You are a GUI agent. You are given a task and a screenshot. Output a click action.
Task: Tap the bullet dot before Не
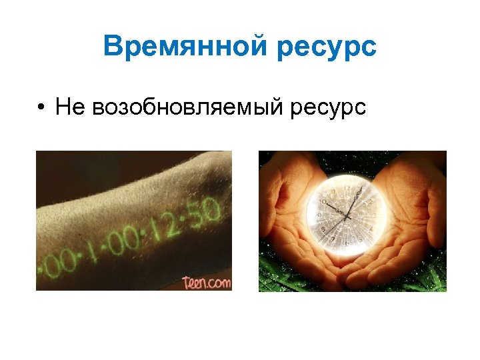coord(41,107)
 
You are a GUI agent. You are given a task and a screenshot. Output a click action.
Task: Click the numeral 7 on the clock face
coord(333,239)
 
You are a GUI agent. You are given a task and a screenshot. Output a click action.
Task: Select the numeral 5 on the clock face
coord(361,238)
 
